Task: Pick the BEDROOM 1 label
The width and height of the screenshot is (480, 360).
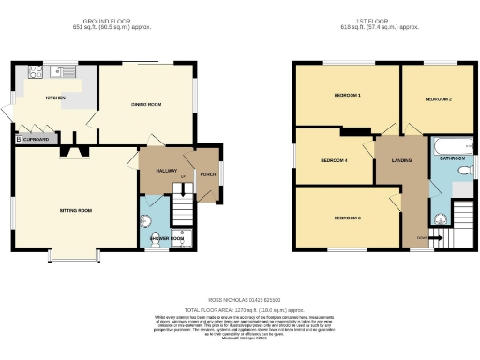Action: coord(345,96)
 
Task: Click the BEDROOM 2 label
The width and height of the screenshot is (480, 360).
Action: coord(438,98)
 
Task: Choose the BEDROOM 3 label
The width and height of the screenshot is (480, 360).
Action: coord(347,218)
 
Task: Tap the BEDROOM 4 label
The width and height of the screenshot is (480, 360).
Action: coord(333,160)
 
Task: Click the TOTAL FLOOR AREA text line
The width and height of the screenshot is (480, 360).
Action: coord(243,308)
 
